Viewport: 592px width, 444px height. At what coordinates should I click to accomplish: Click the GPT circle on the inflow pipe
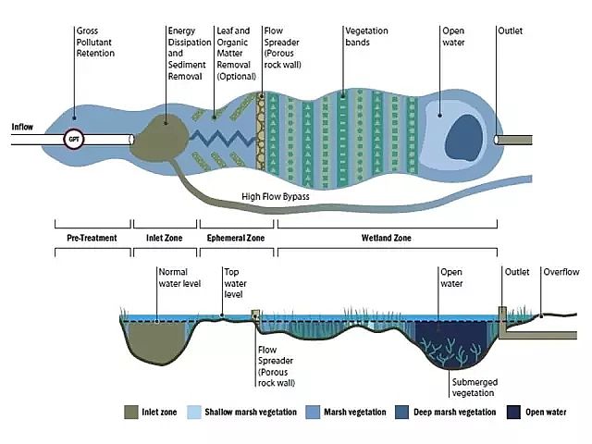(73, 141)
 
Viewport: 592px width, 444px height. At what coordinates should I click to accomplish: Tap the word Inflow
(24, 127)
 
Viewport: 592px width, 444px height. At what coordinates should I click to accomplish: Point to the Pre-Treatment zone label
(92, 238)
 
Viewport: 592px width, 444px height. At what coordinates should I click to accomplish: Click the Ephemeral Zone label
(236, 238)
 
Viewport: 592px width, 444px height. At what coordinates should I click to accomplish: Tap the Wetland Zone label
(386, 238)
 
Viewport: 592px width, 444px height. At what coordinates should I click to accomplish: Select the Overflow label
(561, 272)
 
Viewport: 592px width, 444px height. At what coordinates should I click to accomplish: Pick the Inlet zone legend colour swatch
(130, 412)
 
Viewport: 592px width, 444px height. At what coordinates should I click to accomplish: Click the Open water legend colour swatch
(514, 412)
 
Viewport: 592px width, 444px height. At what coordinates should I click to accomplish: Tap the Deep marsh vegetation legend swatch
(401, 412)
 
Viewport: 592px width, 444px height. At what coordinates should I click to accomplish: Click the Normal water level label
(179, 277)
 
